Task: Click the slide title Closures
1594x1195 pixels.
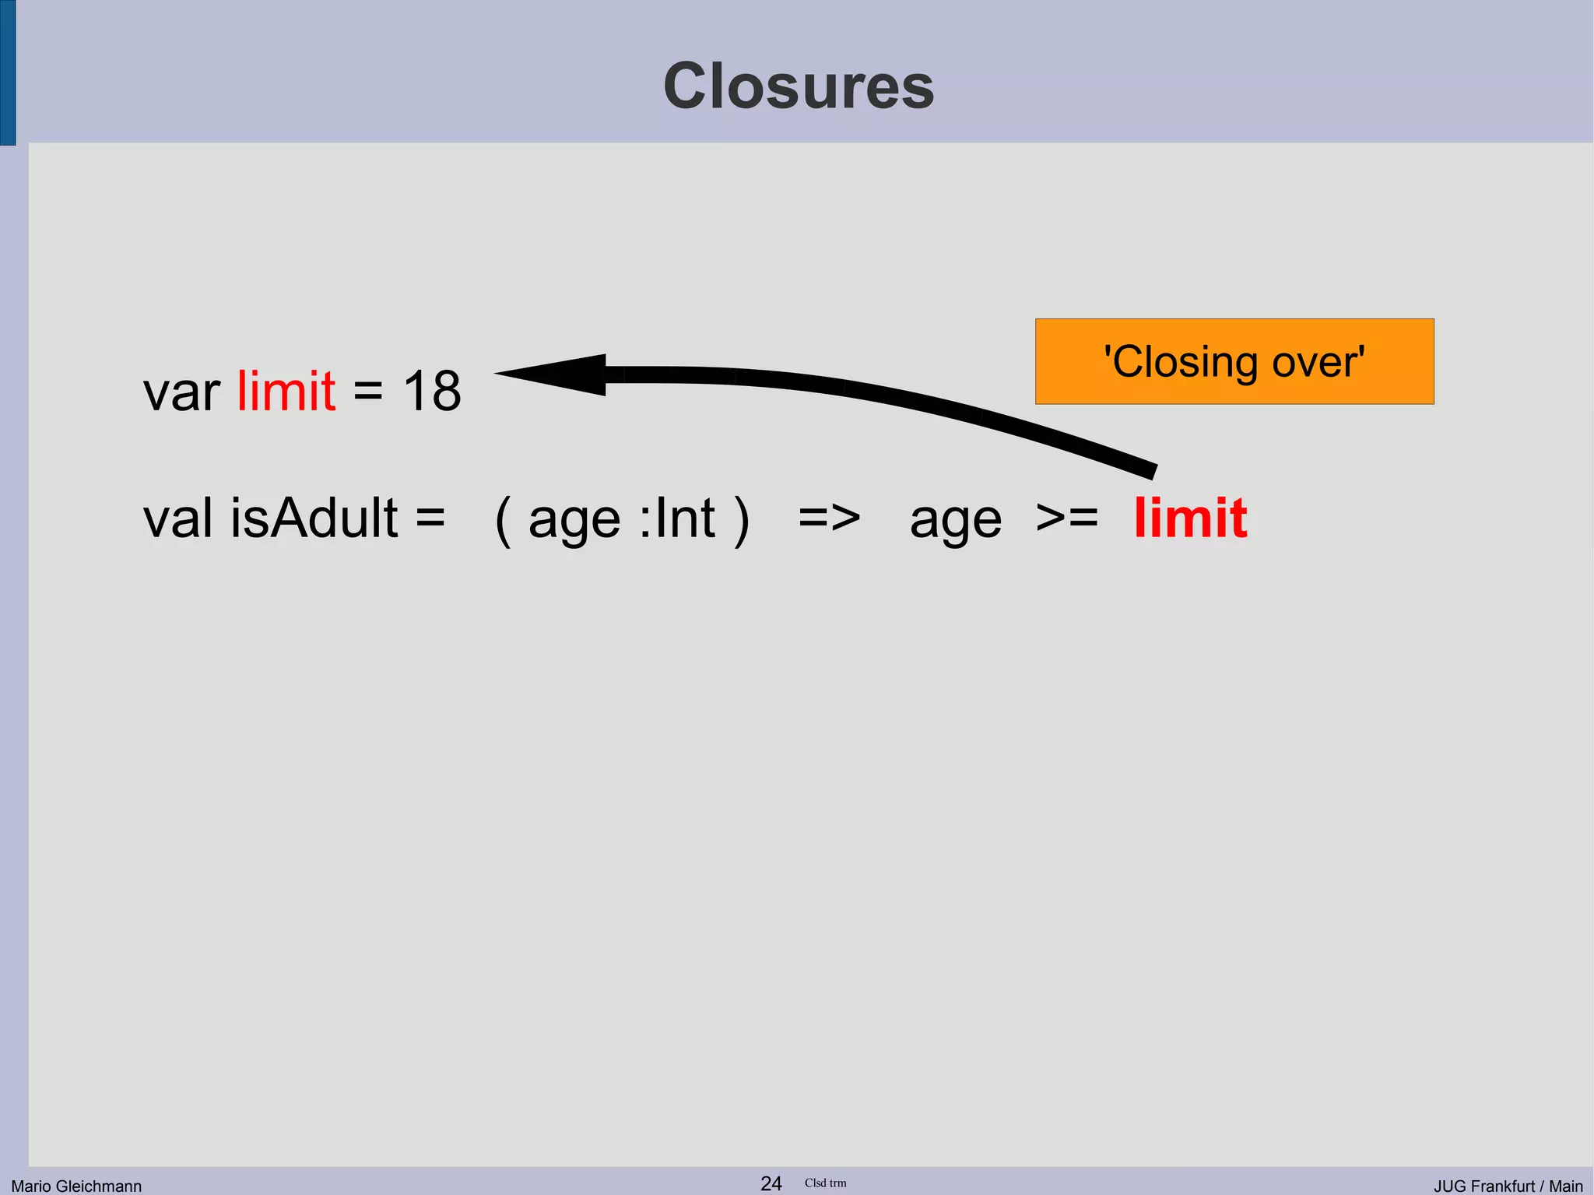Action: pos(799,86)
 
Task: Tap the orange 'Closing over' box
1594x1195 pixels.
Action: pos(1234,361)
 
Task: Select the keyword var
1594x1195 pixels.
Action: pos(181,392)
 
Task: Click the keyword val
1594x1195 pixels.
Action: pos(177,518)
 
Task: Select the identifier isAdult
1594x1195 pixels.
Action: pos(314,518)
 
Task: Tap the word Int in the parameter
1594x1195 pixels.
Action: pos(685,518)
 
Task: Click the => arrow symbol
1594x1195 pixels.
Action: pos(830,518)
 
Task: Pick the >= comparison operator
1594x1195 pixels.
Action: pos(1066,518)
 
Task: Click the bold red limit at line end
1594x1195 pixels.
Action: pos(1191,518)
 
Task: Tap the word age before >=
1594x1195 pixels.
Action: pos(956,522)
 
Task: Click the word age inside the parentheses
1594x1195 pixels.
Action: pos(574,522)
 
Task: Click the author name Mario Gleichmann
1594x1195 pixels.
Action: pos(76,1186)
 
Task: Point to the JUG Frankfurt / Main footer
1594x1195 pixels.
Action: pos(1508,1186)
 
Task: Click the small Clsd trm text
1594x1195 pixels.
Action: pos(825,1183)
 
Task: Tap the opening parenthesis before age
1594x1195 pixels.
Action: pos(504,519)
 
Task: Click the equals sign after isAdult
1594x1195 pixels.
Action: pos(430,518)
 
